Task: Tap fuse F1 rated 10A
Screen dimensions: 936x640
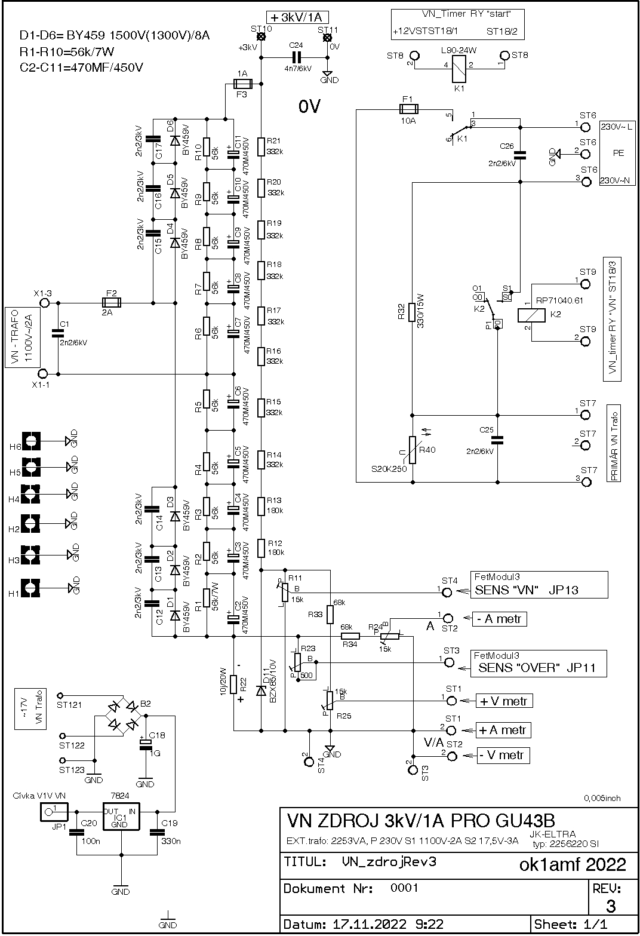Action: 408,109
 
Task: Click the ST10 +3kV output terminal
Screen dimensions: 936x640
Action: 261,38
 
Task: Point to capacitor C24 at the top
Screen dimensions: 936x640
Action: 296,57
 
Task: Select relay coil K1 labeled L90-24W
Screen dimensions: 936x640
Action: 459,65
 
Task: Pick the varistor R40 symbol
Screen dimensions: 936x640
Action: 412,450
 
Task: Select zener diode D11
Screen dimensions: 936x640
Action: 261,691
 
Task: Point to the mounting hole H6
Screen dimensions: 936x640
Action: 31,441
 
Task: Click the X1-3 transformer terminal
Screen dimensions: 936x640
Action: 44,303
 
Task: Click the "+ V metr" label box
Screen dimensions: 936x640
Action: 503,701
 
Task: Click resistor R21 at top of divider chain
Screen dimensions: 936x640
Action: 261,146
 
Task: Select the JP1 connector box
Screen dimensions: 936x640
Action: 54,811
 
